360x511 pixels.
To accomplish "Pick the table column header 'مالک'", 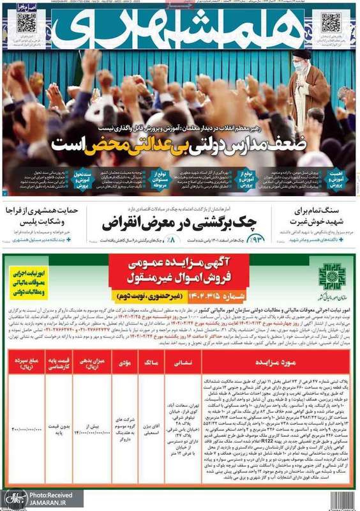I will (x=151, y=362).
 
